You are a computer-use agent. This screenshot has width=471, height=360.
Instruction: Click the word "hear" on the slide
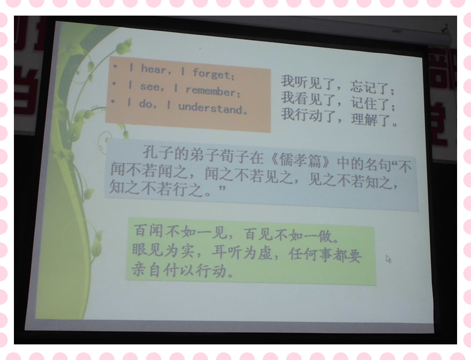pos(154,69)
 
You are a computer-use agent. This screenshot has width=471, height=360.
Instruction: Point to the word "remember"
pos(211,91)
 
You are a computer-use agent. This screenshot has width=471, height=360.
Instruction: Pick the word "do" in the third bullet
pos(146,104)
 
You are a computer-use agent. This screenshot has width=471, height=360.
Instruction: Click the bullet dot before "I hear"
pos(115,67)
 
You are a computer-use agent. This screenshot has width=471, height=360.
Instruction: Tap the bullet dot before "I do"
pos(112,101)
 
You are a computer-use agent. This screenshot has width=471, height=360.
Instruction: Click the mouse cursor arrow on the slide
pos(388,259)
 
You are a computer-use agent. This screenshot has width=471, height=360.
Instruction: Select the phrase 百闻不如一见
pos(179,232)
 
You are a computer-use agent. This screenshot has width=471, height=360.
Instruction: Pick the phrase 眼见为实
pos(163,250)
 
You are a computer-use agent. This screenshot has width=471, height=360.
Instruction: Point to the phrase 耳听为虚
pos(242,252)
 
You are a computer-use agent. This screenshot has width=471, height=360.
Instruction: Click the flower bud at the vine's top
pos(124,46)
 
